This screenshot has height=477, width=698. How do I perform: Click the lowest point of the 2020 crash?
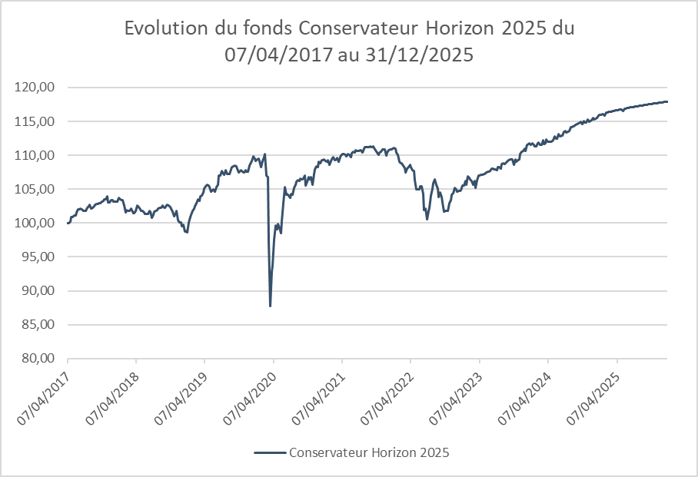[271, 306]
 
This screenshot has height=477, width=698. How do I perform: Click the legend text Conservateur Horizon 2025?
[369, 452]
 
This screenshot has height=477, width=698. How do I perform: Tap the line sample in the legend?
[268, 452]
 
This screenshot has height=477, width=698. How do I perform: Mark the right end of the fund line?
[666, 101]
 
